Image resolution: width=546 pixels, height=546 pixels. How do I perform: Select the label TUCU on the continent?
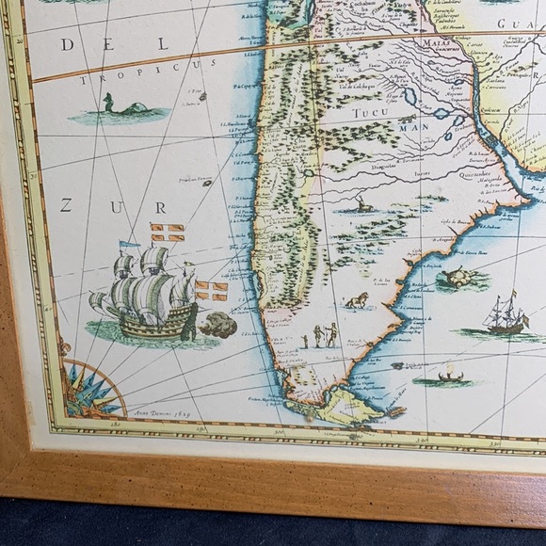click(x=371, y=115)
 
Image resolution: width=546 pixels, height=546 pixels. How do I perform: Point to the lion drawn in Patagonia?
click(x=355, y=301)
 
